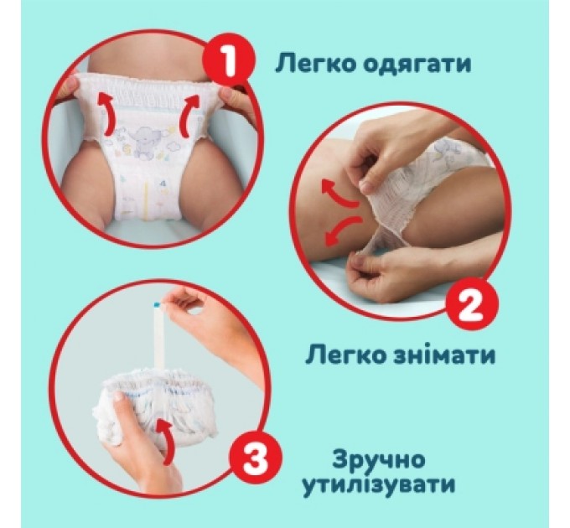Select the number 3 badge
click(253, 458)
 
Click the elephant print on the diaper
click(143, 135)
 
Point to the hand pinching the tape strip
click(205, 311)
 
